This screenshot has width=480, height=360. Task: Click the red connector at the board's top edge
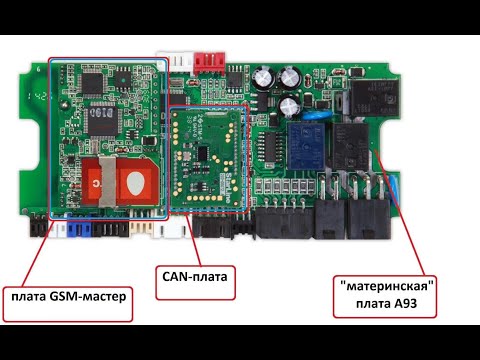click(210, 63)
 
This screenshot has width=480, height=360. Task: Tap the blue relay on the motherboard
click(306, 145)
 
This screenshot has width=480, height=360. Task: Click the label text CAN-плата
click(195, 276)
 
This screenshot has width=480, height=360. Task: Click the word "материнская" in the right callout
click(388, 286)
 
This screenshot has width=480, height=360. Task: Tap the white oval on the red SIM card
click(136, 183)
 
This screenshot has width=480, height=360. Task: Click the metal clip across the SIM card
click(108, 180)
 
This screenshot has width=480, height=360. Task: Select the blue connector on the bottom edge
click(79, 226)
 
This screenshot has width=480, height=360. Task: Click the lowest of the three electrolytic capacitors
click(289, 106)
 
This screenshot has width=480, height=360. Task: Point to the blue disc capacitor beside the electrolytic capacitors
click(316, 115)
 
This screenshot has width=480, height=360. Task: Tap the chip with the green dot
click(123, 80)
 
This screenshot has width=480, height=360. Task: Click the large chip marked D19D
click(102, 121)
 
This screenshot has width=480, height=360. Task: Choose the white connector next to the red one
click(175, 61)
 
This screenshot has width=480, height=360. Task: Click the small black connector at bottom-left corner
click(39, 225)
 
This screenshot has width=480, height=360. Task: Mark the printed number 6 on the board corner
click(38, 69)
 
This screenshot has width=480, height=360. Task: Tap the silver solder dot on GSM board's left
click(64, 105)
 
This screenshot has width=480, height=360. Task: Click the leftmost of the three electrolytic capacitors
click(263, 79)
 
